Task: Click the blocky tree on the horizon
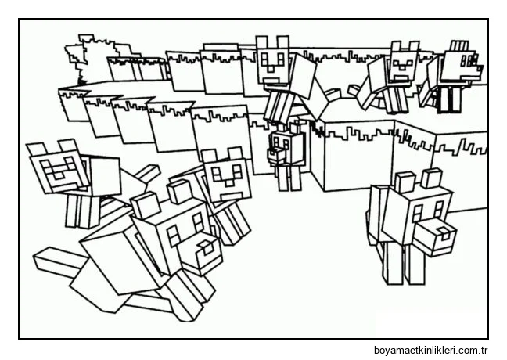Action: click(x=94, y=58)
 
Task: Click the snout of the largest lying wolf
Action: click(x=203, y=251)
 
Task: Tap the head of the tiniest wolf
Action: click(x=278, y=147)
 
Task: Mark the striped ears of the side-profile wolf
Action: click(x=459, y=45)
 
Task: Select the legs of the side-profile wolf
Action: click(x=448, y=99)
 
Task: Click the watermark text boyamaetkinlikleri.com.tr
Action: click(x=430, y=350)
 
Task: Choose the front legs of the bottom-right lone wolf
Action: click(x=405, y=264)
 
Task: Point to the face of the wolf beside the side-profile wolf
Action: click(x=401, y=67)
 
